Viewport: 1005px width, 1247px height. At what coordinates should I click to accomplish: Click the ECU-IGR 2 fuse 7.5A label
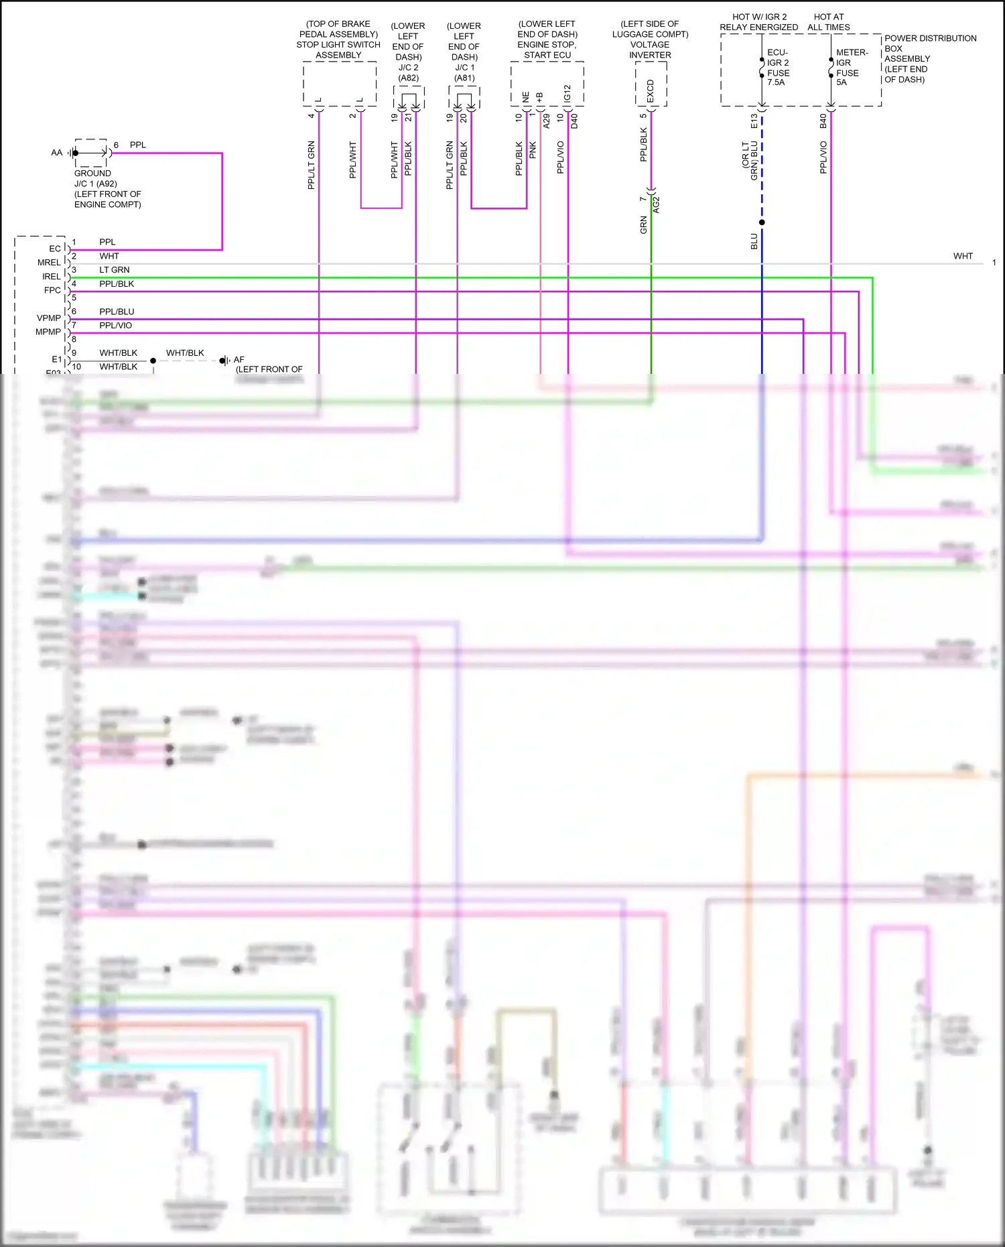click(x=778, y=67)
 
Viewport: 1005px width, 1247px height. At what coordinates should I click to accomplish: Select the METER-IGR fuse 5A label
click(x=851, y=67)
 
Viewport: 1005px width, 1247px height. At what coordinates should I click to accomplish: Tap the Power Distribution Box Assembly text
click(x=929, y=58)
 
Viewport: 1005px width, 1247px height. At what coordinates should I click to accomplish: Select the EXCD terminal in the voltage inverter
click(x=650, y=92)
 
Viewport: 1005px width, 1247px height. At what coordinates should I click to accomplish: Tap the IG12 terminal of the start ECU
click(x=567, y=93)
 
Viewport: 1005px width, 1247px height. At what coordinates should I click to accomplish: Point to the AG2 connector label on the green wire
click(x=657, y=205)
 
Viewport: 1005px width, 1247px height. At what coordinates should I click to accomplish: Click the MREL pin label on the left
click(x=48, y=263)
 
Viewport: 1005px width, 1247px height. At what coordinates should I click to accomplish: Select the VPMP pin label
click(x=48, y=318)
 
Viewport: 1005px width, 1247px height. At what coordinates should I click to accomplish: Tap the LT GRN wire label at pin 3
click(x=115, y=270)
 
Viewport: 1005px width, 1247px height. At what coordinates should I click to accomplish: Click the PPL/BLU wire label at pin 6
click(x=117, y=312)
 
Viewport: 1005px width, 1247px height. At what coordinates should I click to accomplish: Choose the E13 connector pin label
click(x=754, y=121)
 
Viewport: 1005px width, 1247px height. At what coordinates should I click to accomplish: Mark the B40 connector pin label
click(x=823, y=121)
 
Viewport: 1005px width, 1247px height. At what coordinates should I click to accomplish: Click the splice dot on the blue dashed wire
click(x=762, y=222)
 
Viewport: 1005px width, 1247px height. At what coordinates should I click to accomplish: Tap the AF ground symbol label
click(x=239, y=360)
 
